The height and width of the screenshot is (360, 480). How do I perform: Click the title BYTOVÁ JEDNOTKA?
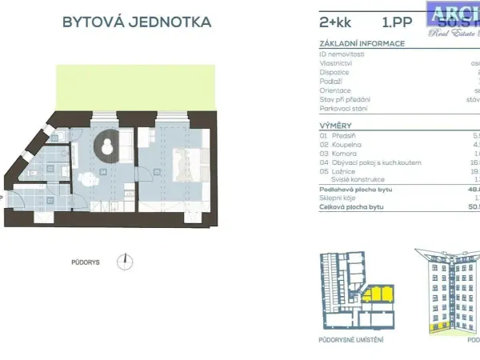tap(137, 22)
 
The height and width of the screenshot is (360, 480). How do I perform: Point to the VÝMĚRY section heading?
tap(335, 126)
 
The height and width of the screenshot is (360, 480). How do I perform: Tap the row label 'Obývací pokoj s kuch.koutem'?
tap(359, 162)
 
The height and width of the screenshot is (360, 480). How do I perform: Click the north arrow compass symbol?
tap(124, 261)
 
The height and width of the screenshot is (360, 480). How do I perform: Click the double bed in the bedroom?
tap(191, 164)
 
